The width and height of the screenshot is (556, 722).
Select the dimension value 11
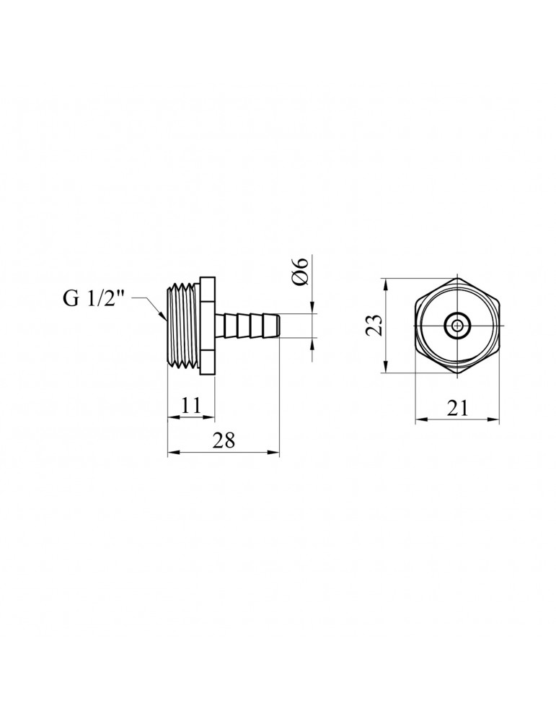tap(190, 406)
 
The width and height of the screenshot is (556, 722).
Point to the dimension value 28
tap(224, 442)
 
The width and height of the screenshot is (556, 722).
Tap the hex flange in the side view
tap(208, 326)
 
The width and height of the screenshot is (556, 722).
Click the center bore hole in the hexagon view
tap(457, 326)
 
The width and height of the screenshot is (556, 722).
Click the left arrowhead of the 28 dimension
tap(171, 453)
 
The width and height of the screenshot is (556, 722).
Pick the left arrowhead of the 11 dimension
tap(171, 417)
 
